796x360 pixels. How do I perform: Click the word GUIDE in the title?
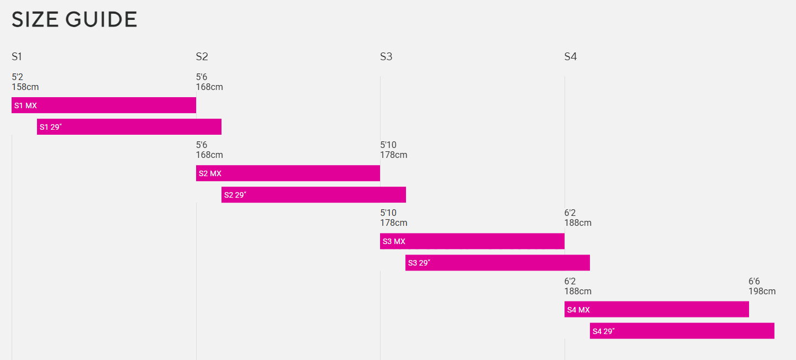101,20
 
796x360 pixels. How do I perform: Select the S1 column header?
17,56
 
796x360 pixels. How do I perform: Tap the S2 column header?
202,56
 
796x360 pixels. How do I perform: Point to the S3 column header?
386,56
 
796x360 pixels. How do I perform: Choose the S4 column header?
570,56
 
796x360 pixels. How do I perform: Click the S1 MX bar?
104,105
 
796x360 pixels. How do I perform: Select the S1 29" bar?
129,127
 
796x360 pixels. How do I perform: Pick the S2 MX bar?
288,173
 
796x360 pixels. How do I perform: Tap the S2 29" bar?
314,195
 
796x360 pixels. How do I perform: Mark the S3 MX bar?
472,241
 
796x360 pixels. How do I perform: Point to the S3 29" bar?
498,263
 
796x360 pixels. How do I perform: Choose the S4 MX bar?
657,309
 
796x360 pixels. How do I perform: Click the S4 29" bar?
682,331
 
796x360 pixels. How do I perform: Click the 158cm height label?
25,87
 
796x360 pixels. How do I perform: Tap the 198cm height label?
762,292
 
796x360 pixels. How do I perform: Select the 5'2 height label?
17,77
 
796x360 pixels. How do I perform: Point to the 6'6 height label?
754,282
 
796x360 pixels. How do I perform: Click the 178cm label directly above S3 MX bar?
393,223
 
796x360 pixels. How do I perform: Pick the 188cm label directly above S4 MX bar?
578,292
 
